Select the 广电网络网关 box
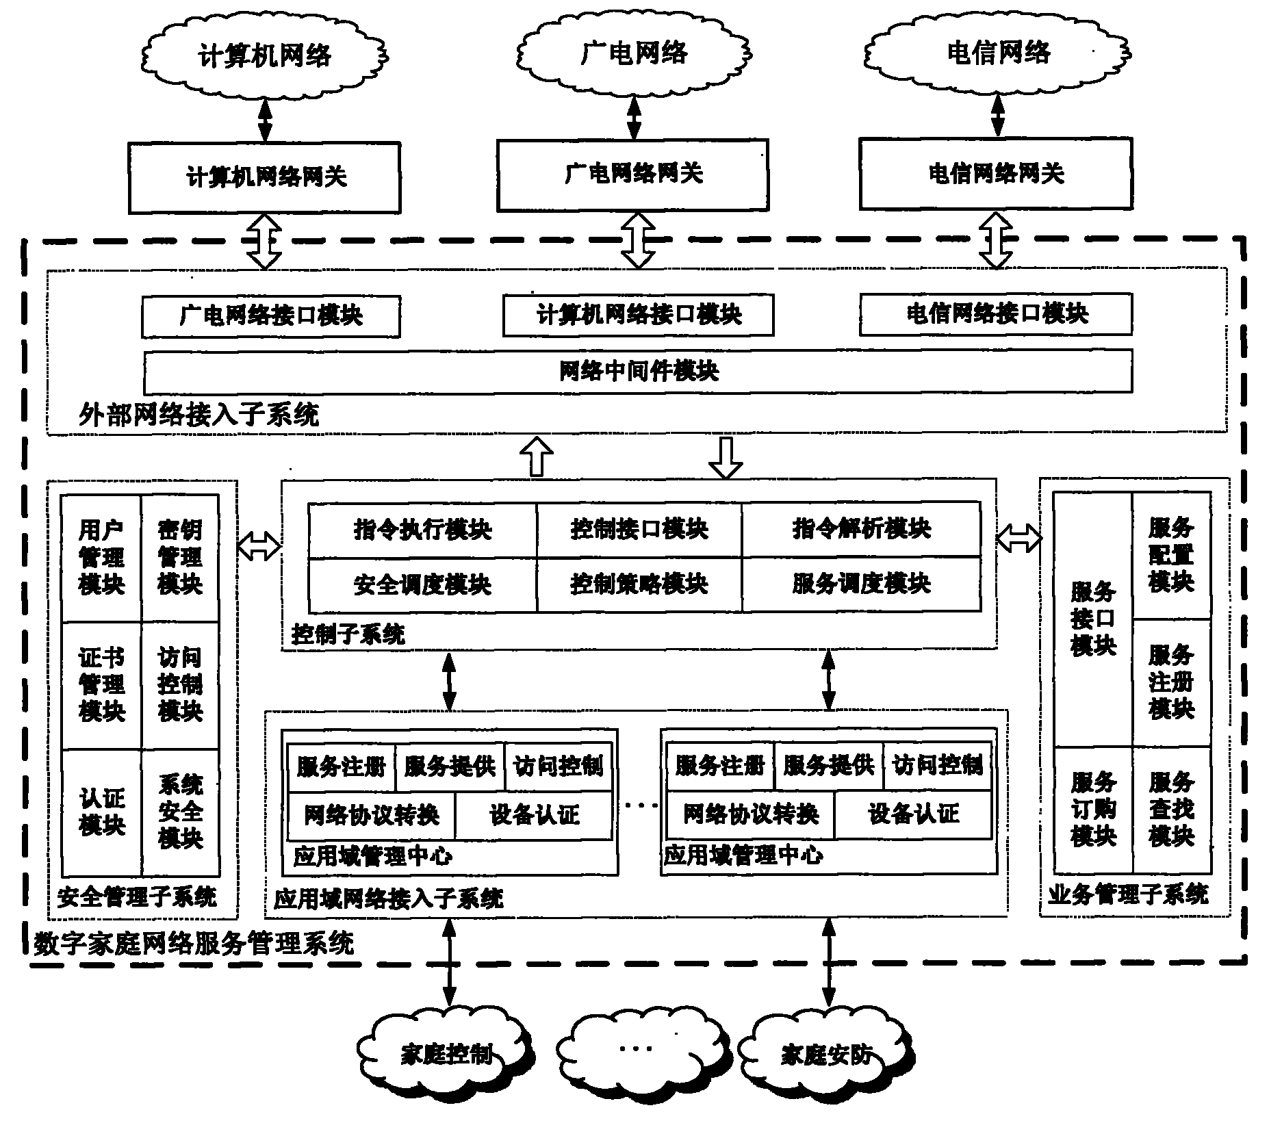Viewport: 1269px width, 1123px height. pos(632,175)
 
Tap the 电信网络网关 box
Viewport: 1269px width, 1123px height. pos(995,174)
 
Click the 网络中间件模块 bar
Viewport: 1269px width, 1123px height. pos(637,372)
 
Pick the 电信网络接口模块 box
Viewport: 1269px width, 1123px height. pos(995,314)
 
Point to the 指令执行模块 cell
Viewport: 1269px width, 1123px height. pos(422,529)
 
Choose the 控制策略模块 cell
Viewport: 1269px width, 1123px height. pos(639,584)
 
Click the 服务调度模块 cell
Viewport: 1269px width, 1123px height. pos(861,584)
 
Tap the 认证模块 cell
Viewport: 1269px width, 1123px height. pos(101,812)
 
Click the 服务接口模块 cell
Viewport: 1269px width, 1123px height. pos(1092,619)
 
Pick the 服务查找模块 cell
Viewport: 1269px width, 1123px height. pos(1171,809)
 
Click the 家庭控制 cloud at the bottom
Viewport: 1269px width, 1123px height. pos(446,1055)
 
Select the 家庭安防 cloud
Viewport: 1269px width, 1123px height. pos(826,1055)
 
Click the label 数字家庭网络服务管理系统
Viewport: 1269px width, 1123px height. pos(194,944)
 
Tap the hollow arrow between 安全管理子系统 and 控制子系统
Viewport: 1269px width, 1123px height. pos(259,546)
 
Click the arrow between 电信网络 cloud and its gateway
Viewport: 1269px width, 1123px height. pos(997,115)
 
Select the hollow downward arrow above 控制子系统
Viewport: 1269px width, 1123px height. pos(725,457)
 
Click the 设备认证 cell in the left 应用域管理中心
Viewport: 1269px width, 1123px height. pos(534,815)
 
